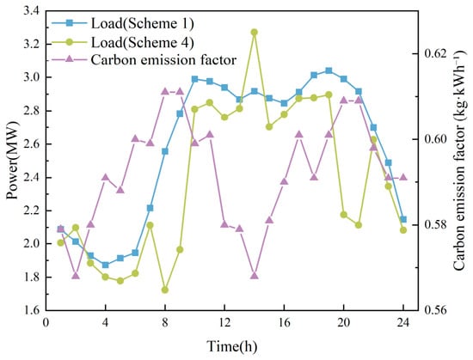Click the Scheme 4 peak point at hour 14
(x=255, y=33)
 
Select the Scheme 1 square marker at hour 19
(x=329, y=70)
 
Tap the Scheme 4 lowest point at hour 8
(x=165, y=290)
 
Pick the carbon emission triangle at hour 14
(x=255, y=275)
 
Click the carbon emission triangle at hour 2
(x=76, y=275)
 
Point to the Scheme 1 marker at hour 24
(x=403, y=219)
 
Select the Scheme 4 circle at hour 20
(x=344, y=215)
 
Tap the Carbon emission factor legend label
(x=163, y=59)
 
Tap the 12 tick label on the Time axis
(x=224, y=323)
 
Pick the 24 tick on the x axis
(x=403, y=323)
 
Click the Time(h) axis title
(x=232, y=346)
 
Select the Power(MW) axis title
(x=12, y=161)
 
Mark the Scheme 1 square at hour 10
(x=194, y=79)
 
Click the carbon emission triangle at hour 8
(x=165, y=91)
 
